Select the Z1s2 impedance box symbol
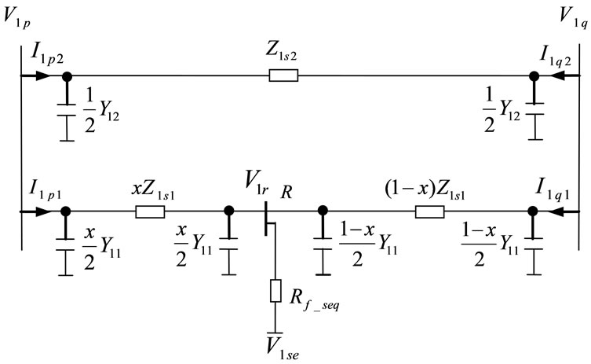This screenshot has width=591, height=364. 283,76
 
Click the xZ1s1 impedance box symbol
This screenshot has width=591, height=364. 150,211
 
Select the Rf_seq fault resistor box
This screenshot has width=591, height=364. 275,290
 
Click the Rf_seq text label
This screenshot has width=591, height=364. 311,300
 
